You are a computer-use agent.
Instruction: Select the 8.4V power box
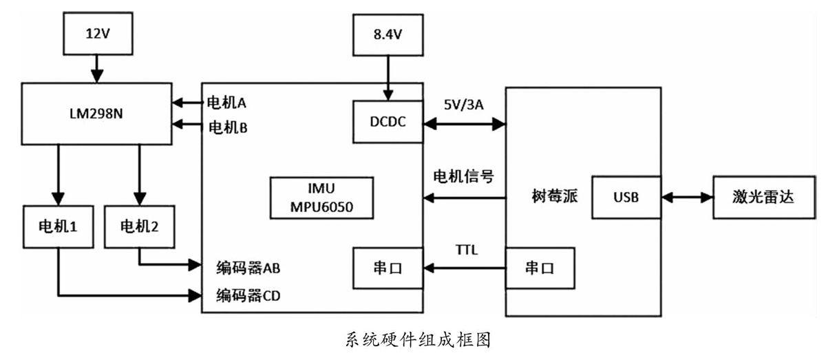[388, 33]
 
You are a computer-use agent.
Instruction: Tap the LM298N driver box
[96, 114]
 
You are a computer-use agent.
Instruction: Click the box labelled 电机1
[59, 225]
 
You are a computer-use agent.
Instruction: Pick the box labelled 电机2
[140, 225]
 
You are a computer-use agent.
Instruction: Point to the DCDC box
[388, 122]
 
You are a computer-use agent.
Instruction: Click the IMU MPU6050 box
[321, 197]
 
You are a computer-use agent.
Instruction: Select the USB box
[626, 198]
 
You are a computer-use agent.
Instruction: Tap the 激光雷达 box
[763, 198]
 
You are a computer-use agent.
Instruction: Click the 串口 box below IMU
[388, 268]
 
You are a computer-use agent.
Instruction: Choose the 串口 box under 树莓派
[540, 268]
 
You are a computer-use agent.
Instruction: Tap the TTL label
[466, 250]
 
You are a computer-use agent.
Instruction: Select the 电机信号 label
[463, 176]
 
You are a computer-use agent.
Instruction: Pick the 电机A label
[226, 103]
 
